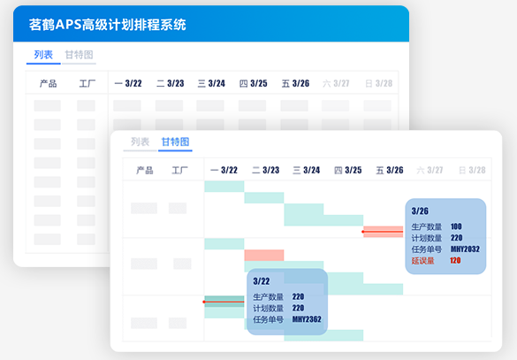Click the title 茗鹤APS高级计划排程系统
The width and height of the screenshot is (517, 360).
click(x=108, y=25)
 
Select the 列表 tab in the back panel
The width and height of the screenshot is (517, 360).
click(x=43, y=55)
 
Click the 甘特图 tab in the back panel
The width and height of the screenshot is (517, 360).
click(x=79, y=55)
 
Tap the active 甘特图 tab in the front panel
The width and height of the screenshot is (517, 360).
click(x=175, y=142)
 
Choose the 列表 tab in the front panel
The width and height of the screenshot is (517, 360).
click(x=141, y=142)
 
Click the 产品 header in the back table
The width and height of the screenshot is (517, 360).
click(x=48, y=83)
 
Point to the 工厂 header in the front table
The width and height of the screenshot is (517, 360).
click(x=179, y=170)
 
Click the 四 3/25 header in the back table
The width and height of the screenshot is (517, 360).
click(x=254, y=83)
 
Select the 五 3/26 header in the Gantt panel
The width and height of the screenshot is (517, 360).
click(x=390, y=170)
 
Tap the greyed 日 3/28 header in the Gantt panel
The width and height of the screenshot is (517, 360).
click(x=472, y=170)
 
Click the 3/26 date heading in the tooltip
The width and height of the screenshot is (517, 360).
click(x=420, y=211)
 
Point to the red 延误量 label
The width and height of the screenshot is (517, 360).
click(x=422, y=261)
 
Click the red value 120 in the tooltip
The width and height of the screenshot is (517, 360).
click(x=455, y=260)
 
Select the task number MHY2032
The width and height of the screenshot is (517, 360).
click(x=465, y=249)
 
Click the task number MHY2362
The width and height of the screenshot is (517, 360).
click(x=307, y=319)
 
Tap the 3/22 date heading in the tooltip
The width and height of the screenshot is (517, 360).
click(x=261, y=281)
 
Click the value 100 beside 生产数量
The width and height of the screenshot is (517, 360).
click(x=456, y=226)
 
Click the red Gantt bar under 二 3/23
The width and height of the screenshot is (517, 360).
click(x=264, y=255)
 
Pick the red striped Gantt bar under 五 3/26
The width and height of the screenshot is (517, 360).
click(x=384, y=232)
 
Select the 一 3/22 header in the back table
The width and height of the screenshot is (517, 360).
click(x=128, y=83)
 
